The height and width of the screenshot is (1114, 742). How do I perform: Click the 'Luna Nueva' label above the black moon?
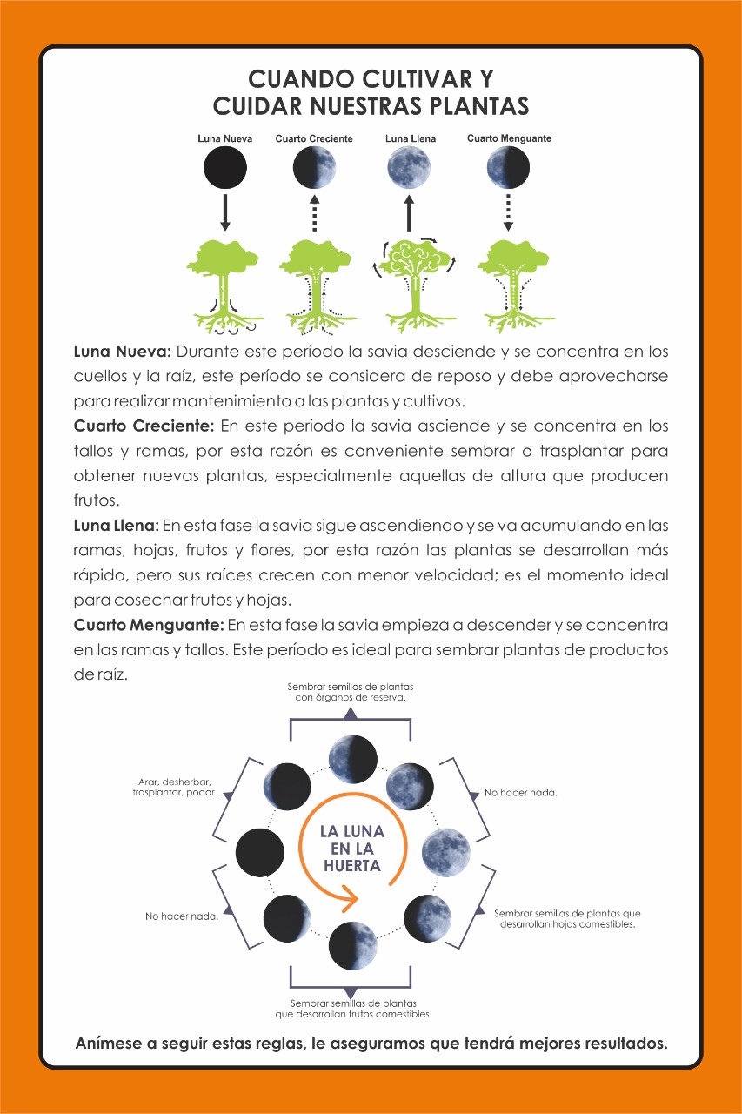(225, 138)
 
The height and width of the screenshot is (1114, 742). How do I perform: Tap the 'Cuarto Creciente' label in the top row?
(314, 138)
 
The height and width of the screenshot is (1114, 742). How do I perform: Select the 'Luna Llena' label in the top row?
(411, 138)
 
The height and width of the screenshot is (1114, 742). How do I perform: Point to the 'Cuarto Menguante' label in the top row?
(509, 138)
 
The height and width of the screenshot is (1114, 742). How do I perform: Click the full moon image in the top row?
(410, 169)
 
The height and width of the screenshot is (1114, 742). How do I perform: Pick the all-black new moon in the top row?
(225, 169)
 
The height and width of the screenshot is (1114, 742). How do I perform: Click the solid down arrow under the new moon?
(225, 212)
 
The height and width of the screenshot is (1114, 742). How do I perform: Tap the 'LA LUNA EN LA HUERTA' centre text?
(351, 849)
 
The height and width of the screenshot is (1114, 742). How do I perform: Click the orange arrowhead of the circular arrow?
(351, 896)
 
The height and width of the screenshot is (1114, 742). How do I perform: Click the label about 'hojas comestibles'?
(567, 919)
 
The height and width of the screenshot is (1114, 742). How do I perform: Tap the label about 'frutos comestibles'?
(353, 1009)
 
